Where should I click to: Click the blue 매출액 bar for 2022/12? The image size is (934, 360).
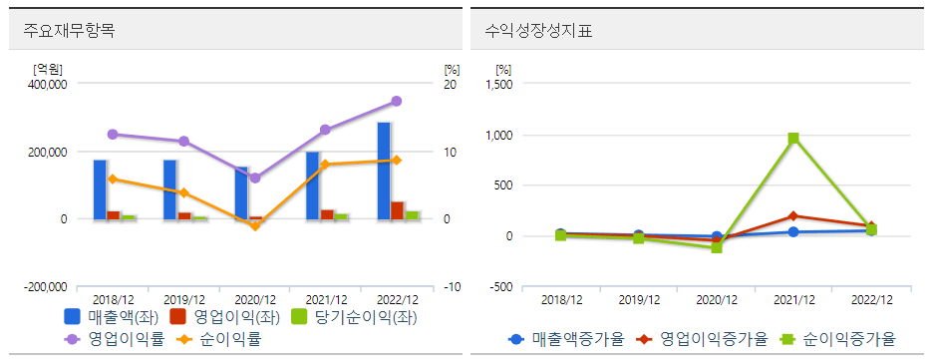coord(384,170)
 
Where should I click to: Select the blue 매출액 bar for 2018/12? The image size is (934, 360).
coord(100,188)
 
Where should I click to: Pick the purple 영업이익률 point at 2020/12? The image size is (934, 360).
coord(255,178)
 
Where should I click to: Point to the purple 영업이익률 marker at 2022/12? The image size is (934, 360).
coord(397,101)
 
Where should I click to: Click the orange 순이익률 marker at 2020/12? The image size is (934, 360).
coord(255,226)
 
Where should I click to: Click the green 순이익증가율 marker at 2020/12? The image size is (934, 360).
coord(717,247)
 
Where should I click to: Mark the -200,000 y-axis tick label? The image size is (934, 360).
coord(45,287)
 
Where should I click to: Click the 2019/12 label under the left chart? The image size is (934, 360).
coord(184,299)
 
